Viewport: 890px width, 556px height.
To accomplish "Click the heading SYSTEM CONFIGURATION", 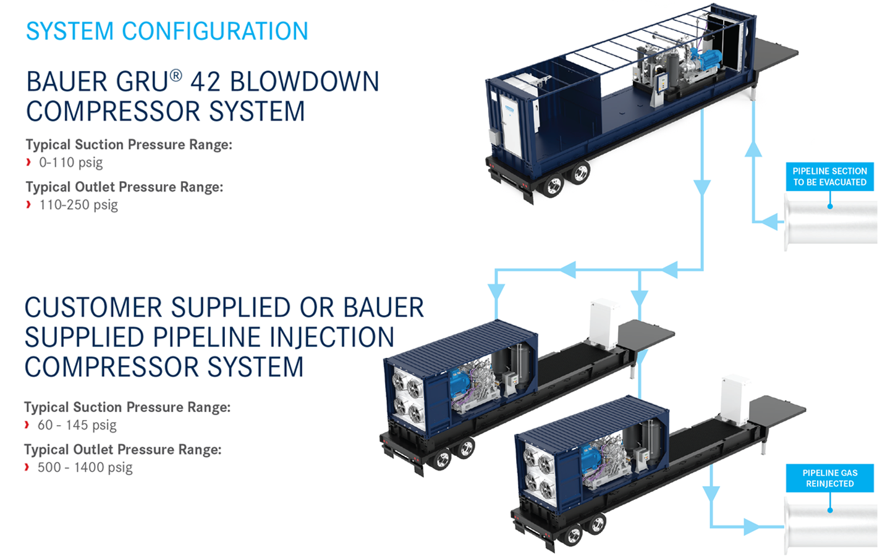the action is pos(167,31).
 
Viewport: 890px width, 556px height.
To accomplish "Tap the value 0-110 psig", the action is pos(70,162).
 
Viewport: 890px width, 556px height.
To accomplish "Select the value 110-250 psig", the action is pos(78,205).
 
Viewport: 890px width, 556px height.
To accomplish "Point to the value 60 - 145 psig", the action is pos(77,425).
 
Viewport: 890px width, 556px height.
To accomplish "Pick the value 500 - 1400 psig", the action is pos(85,468).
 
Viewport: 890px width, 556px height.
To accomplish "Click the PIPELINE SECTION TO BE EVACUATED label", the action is pos(829,177).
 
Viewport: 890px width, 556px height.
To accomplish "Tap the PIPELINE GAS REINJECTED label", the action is pos(829,478).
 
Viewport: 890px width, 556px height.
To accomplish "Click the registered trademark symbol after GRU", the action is pos(176,75).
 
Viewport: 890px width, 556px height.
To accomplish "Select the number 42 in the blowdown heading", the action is pos(205,82).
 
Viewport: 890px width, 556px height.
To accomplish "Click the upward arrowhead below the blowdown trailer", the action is pos(753,150).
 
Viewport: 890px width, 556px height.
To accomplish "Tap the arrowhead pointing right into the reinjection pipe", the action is pos(752,527).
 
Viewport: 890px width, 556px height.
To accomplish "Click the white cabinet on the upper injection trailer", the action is pos(603,324).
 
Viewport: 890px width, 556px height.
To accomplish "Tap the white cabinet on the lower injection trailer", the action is pos(735,400).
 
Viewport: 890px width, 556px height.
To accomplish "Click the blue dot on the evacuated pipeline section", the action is pos(829,206).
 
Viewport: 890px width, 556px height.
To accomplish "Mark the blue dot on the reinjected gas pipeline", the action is pos(829,510).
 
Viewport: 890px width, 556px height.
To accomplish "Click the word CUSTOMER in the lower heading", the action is pos(94,308).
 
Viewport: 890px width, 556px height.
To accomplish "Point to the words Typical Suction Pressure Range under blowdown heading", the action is pos(129,145).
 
